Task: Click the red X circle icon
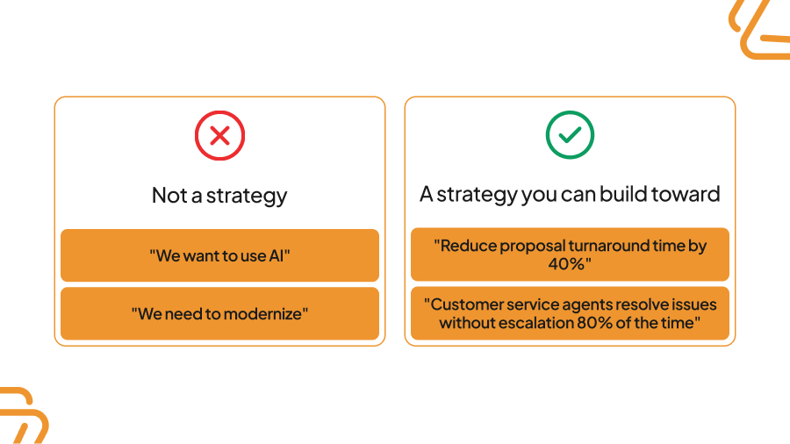[219, 135]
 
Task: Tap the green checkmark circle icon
[570, 135]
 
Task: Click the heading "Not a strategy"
[219, 195]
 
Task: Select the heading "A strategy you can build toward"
[570, 194]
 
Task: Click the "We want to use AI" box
[219, 255]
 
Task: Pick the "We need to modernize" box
[219, 313]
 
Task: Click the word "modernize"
[262, 313]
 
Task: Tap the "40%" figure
[569, 263]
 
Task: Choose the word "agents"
[574, 304]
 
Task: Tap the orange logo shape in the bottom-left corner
[19, 416]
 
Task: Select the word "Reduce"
[462, 246]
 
